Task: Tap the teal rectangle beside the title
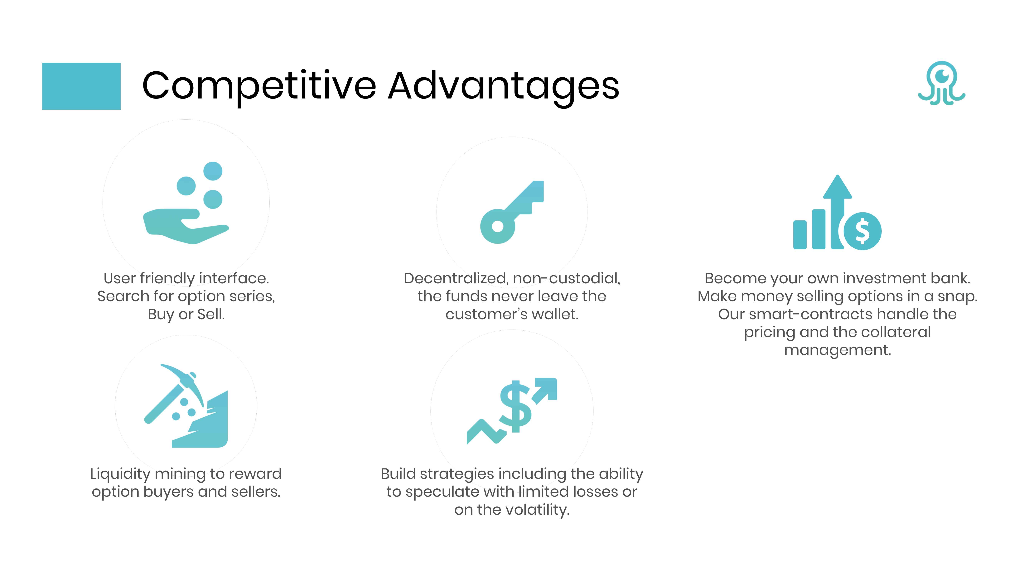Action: pos(81,86)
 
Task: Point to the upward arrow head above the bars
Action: pos(837,187)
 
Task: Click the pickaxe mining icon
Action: pos(186,406)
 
